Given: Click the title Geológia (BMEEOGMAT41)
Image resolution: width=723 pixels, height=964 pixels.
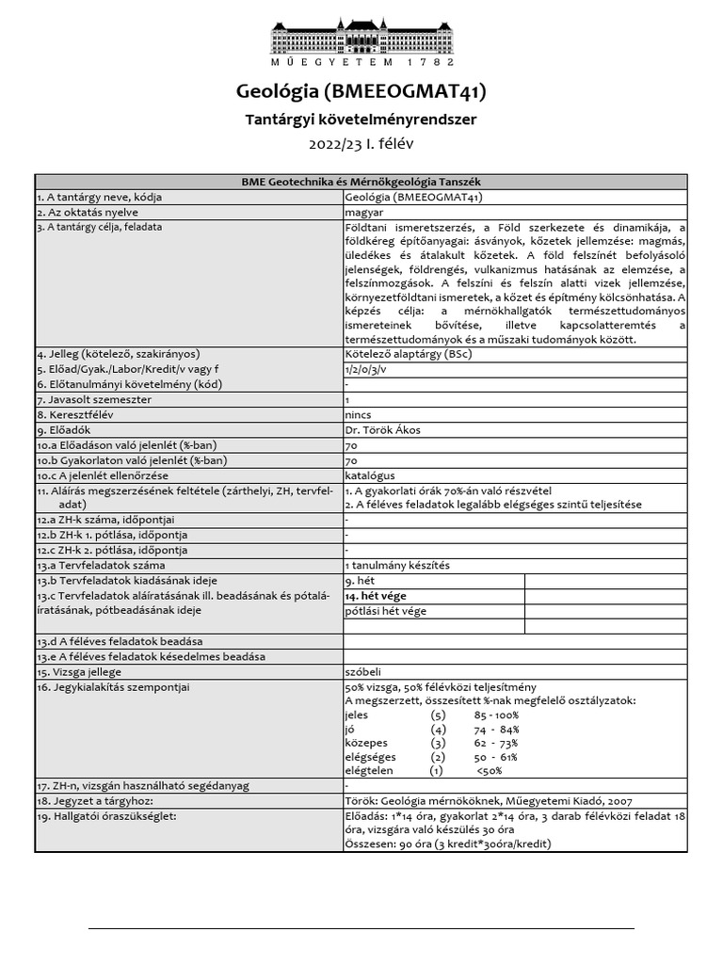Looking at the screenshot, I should click(x=361, y=91).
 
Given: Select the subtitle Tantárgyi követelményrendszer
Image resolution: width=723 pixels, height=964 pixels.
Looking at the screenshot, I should click(x=361, y=120).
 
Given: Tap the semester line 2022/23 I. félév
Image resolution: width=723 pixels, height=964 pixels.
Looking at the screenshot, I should click(x=361, y=145).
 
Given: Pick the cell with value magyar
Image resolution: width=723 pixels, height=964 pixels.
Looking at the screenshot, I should click(x=364, y=212).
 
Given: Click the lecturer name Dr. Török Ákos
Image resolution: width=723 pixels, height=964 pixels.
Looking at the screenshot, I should click(x=382, y=429).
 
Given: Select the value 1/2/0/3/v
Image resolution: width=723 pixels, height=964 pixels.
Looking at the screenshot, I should click(x=365, y=368).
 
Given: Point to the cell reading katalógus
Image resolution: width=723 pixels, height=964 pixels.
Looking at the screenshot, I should click(x=370, y=475).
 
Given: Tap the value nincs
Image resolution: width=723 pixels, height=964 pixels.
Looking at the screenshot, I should click(x=359, y=414).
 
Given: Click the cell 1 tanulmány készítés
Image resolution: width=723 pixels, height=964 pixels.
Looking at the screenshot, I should click(x=397, y=565).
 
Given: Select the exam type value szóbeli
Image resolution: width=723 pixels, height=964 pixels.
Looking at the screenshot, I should click(x=364, y=672).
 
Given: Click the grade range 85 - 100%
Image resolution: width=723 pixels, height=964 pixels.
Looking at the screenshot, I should click(x=496, y=715).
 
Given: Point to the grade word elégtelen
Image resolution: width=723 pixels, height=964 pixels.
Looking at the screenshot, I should click(x=371, y=770).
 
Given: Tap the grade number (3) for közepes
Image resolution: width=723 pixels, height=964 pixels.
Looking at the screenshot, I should click(x=437, y=743).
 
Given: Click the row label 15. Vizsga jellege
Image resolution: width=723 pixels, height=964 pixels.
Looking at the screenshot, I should click(x=80, y=672).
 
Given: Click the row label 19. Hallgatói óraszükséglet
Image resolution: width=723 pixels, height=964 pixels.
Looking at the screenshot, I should click(x=106, y=815).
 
